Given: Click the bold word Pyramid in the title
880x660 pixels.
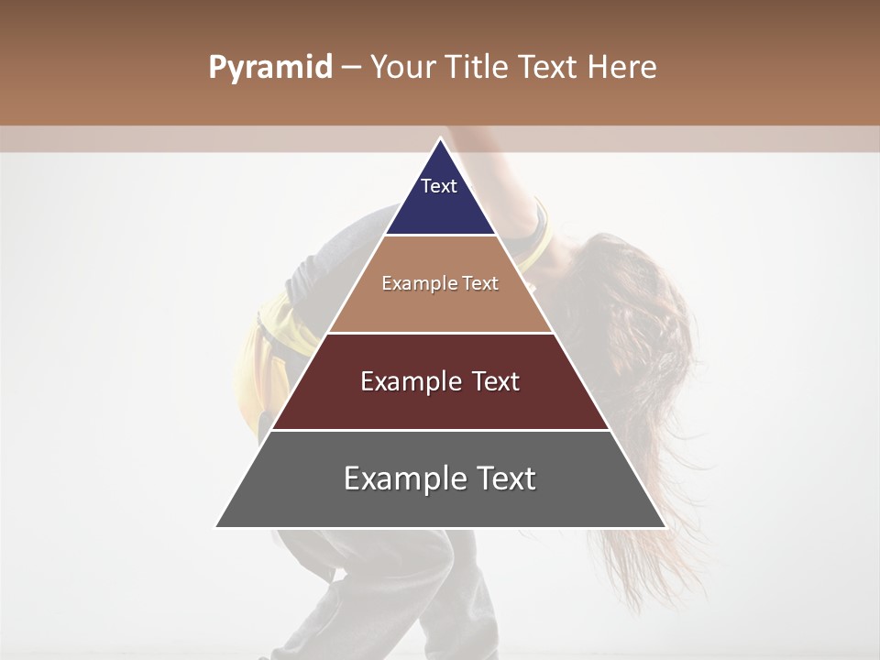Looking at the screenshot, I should point(269,68).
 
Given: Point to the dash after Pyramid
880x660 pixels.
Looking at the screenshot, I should point(351,69).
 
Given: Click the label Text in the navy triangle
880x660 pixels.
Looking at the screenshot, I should point(439,186).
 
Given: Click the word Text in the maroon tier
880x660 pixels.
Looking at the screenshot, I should point(492,381).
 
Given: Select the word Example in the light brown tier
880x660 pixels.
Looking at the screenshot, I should point(413,284).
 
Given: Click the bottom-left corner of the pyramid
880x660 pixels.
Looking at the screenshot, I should point(217,526).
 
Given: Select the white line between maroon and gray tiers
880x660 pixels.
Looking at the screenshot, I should point(440,430).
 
